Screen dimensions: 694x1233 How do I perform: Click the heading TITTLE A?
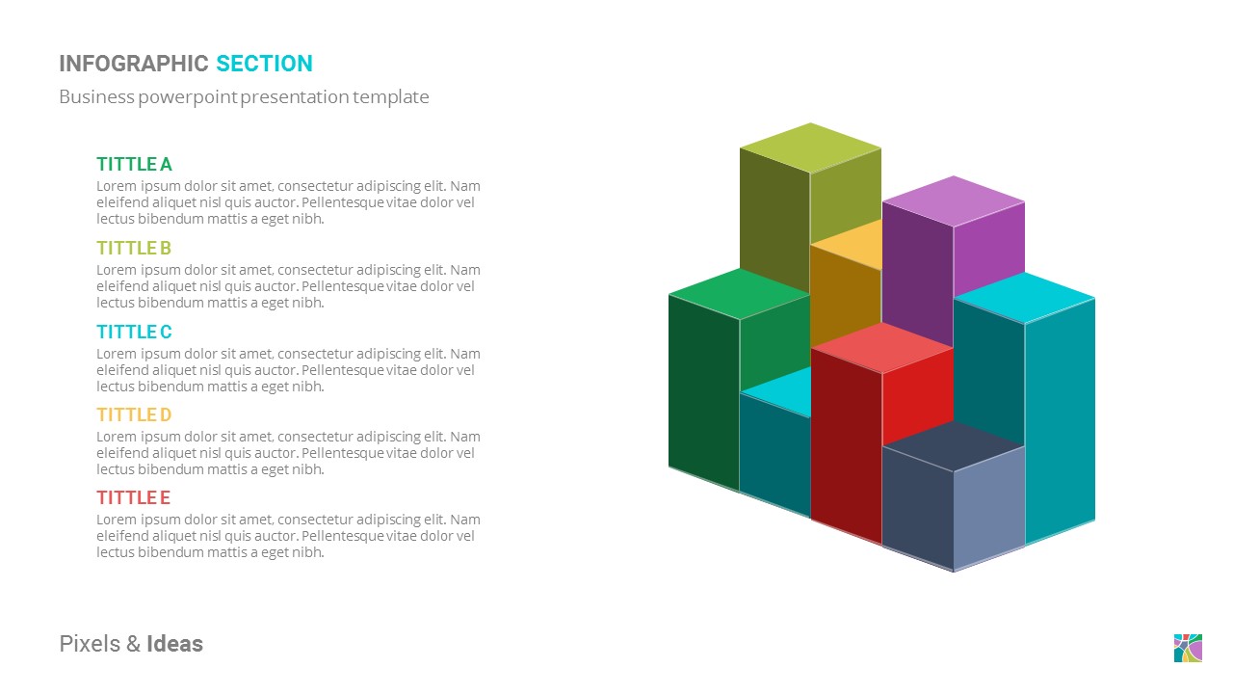pos(134,165)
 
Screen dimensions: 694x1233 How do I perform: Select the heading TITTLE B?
pos(134,249)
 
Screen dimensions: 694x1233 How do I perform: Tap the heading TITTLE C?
pos(134,333)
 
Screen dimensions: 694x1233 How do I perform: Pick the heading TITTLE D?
pos(134,415)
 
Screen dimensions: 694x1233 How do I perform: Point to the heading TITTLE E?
pos(133,498)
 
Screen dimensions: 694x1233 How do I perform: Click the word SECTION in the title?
pos(264,65)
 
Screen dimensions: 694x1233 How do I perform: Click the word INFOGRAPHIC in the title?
pos(134,65)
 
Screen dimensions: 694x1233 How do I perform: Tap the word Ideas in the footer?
pos(174,644)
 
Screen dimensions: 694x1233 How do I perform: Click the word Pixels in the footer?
pos(90,644)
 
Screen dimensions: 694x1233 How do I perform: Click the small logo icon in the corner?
pos(1188,648)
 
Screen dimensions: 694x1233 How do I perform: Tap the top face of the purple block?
pos(954,200)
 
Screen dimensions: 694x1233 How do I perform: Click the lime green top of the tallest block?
pos(810,147)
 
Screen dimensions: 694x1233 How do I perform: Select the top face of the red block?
pos(882,347)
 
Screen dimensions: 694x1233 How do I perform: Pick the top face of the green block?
pos(740,293)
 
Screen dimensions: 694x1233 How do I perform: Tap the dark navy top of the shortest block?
pos(954,445)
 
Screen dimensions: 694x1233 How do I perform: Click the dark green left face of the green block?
pos(703,390)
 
